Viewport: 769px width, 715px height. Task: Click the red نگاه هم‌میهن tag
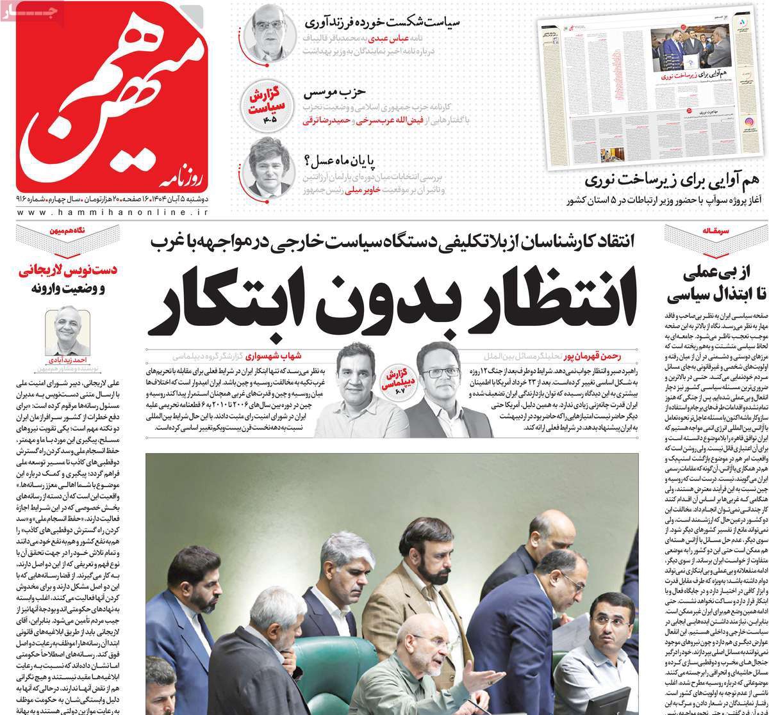pyautogui.click(x=72, y=232)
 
